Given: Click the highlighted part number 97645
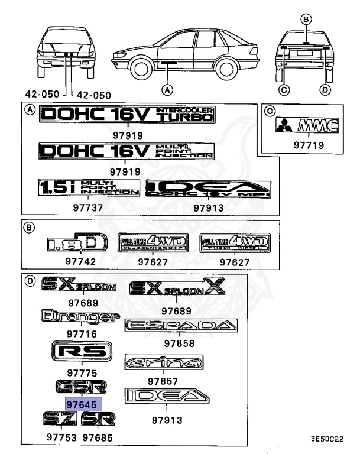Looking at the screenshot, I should point(83,403).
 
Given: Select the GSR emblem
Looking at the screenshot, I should point(82,387).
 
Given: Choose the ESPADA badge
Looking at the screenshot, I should point(181,326).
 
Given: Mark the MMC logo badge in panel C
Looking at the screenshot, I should point(303,125).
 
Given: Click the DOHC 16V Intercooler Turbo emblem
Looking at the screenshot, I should point(126,116).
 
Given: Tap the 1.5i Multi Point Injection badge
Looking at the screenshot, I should point(88,188).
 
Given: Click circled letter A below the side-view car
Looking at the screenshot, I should point(168,90).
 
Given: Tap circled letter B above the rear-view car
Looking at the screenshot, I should point(306,19).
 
